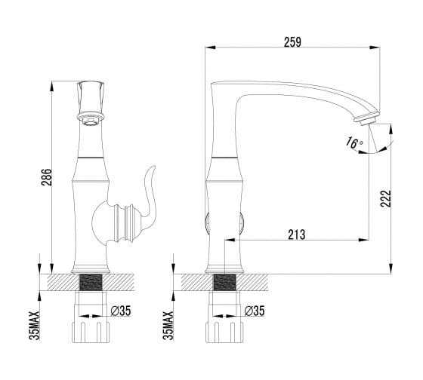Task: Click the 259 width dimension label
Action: click(292, 42)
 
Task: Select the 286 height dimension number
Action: click(46, 177)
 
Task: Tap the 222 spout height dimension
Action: click(385, 198)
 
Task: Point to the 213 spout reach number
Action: click(297, 234)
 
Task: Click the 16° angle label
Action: click(354, 142)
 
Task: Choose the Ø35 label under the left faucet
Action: click(121, 311)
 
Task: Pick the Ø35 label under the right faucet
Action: click(255, 311)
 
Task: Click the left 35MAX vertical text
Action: click(35, 326)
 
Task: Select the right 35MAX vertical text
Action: click(168, 326)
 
